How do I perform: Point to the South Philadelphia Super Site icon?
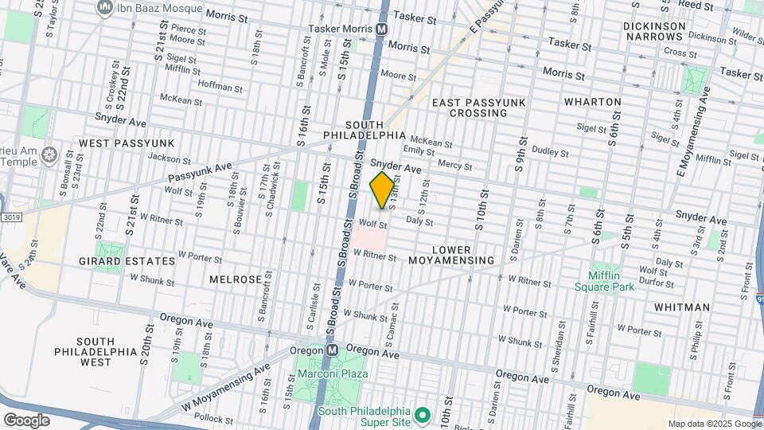click(x=423, y=416)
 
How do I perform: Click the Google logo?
click(x=26, y=420)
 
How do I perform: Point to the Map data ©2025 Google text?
click(x=714, y=424)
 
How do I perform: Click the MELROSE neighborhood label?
click(x=236, y=279)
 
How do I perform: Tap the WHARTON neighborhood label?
click(x=592, y=102)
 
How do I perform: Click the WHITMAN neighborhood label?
click(x=682, y=307)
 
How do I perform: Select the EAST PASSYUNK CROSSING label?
click(x=470, y=107)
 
